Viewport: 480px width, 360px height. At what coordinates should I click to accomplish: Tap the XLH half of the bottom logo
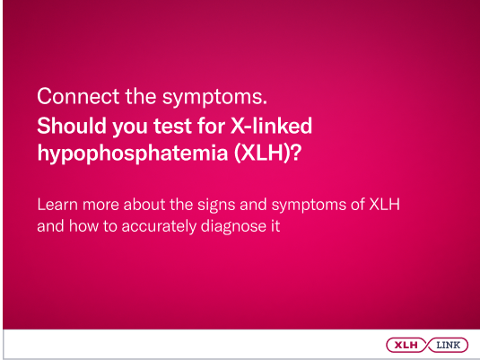point(406,344)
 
